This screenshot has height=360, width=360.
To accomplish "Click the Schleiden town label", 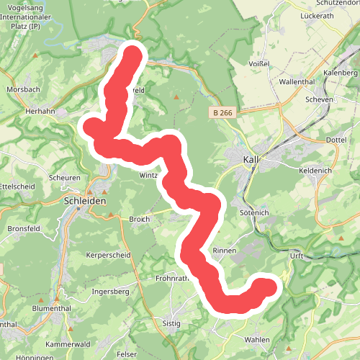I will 85,202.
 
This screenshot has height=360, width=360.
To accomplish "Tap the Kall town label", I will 251,160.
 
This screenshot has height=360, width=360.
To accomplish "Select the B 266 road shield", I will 224,113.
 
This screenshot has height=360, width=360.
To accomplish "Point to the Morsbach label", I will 23,89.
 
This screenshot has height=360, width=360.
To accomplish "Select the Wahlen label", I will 257,339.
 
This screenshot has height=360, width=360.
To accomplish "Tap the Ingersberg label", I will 110,292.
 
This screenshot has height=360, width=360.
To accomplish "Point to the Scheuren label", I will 64,178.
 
